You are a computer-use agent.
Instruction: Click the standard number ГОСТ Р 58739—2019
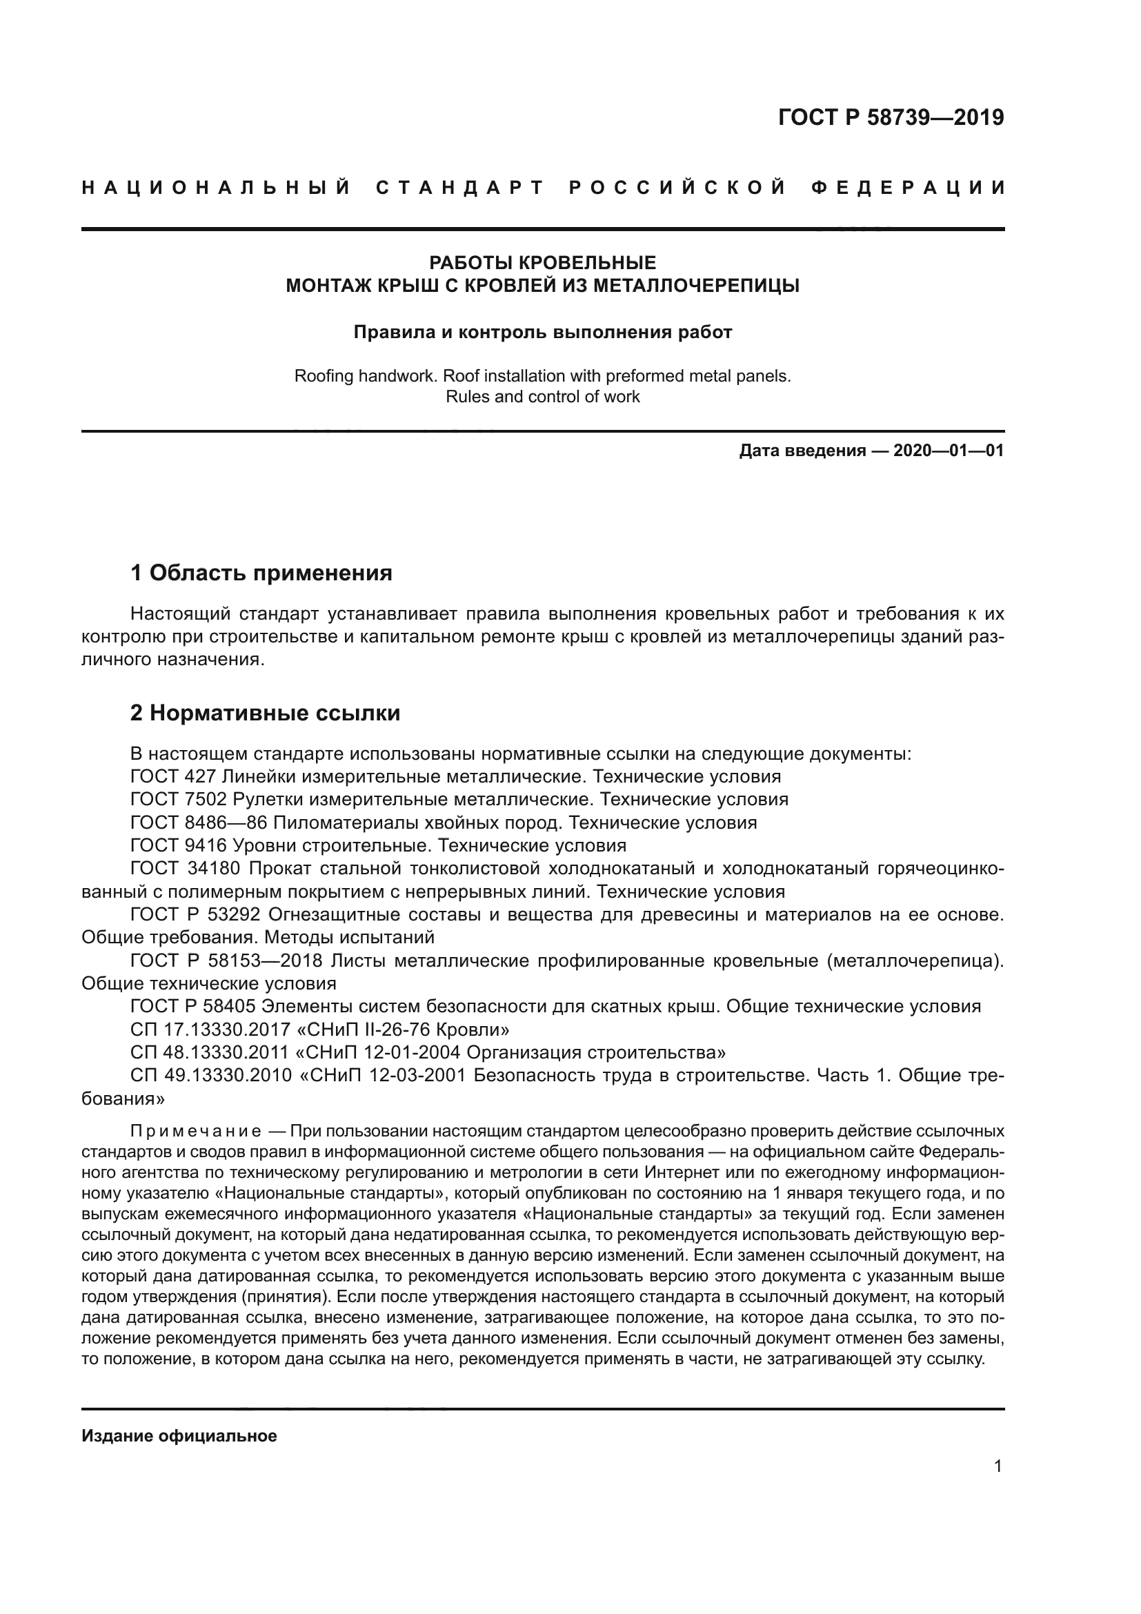pos(891,117)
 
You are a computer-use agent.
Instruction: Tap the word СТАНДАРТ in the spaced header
pos(460,188)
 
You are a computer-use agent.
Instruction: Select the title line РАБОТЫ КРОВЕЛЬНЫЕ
pos(542,263)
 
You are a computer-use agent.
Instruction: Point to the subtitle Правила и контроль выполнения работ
pos(542,332)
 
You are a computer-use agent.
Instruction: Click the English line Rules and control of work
pos(542,397)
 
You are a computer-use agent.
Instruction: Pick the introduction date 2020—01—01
pos(949,451)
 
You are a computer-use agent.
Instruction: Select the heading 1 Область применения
pos(261,573)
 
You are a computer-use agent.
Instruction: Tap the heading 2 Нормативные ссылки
pos(266,713)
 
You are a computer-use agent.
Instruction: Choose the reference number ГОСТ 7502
pos(179,799)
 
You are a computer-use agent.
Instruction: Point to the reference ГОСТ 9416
pos(179,845)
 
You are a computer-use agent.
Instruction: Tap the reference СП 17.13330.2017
pos(210,1029)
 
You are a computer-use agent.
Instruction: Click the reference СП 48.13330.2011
pos(210,1052)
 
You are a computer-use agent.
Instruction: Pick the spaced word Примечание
pos(196,1131)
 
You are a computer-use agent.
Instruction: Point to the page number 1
pos(998,1466)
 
